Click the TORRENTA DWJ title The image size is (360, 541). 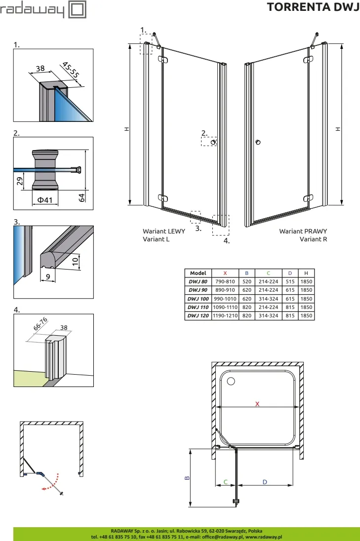pyautogui.click(x=313, y=7)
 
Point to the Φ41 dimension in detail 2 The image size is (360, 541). pyautogui.click(x=45, y=200)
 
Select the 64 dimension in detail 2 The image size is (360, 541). pyautogui.click(x=82, y=197)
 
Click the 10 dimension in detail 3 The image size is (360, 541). pyautogui.click(x=75, y=261)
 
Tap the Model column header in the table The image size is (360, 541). pyautogui.click(x=198, y=273)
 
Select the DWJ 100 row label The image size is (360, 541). pyautogui.click(x=198, y=299)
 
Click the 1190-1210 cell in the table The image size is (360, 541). pyautogui.click(x=225, y=315)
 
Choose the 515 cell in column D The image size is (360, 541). pyautogui.click(x=290, y=281)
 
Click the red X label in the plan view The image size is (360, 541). pyautogui.click(x=257, y=403)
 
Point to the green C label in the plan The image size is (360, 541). pyautogui.click(x=225, y=481)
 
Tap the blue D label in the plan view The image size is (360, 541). pyautogui.click(x=265, y=481)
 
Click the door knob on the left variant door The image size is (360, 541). pyautogui.click(x=213, y=142)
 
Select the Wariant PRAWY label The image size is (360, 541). pyautogui.click(x=303, y=231)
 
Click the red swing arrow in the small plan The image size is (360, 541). pyautogui.click(x=53, y=482)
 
